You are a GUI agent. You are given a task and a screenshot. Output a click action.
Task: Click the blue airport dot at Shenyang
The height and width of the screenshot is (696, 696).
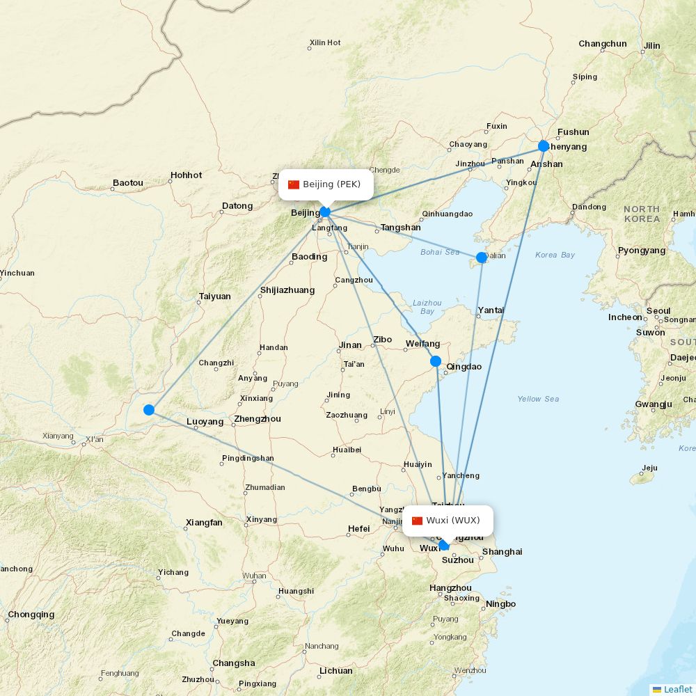coord(544,146)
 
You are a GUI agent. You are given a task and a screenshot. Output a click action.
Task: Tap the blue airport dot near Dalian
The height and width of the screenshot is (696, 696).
coord(481,258)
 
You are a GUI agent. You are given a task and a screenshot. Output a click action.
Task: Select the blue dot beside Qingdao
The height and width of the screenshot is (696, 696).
coord(436,361)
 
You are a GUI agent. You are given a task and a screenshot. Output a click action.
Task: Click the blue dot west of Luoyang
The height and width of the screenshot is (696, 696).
coord(148,410)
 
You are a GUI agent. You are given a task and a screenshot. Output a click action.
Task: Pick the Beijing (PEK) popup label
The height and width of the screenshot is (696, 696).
coord(326,184)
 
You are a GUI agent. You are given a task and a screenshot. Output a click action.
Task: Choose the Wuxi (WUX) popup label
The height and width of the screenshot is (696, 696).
coord(448,521)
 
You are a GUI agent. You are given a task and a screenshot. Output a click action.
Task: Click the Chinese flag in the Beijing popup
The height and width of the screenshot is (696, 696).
coord(294,184)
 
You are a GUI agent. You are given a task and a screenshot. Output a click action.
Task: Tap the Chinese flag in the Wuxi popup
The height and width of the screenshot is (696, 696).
coord(418,521)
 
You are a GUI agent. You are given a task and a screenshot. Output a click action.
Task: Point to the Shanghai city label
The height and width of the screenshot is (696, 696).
coord(502,552)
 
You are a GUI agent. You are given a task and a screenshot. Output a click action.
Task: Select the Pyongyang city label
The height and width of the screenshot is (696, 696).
coord(642,251)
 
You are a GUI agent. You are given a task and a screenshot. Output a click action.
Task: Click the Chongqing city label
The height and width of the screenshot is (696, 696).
coord(31,615)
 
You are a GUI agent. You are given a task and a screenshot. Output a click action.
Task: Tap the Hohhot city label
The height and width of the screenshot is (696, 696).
coord(186,175)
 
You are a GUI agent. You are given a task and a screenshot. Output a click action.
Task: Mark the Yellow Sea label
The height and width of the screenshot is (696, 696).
coord(538,399)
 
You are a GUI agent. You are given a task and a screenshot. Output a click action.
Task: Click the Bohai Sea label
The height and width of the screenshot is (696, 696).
coord(440,252)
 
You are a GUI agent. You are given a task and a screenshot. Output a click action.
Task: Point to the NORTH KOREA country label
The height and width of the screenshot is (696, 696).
coord(641,214)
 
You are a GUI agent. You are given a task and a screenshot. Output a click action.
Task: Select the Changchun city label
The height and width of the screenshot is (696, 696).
coord(602,44)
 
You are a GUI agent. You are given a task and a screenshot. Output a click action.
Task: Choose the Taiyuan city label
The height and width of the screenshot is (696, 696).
coord(214,296)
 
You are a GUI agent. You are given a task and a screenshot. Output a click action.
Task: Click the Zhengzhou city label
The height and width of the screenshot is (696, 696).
coord(258,419)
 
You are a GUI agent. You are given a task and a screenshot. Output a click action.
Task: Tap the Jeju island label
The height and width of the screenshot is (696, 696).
coord(649,468)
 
